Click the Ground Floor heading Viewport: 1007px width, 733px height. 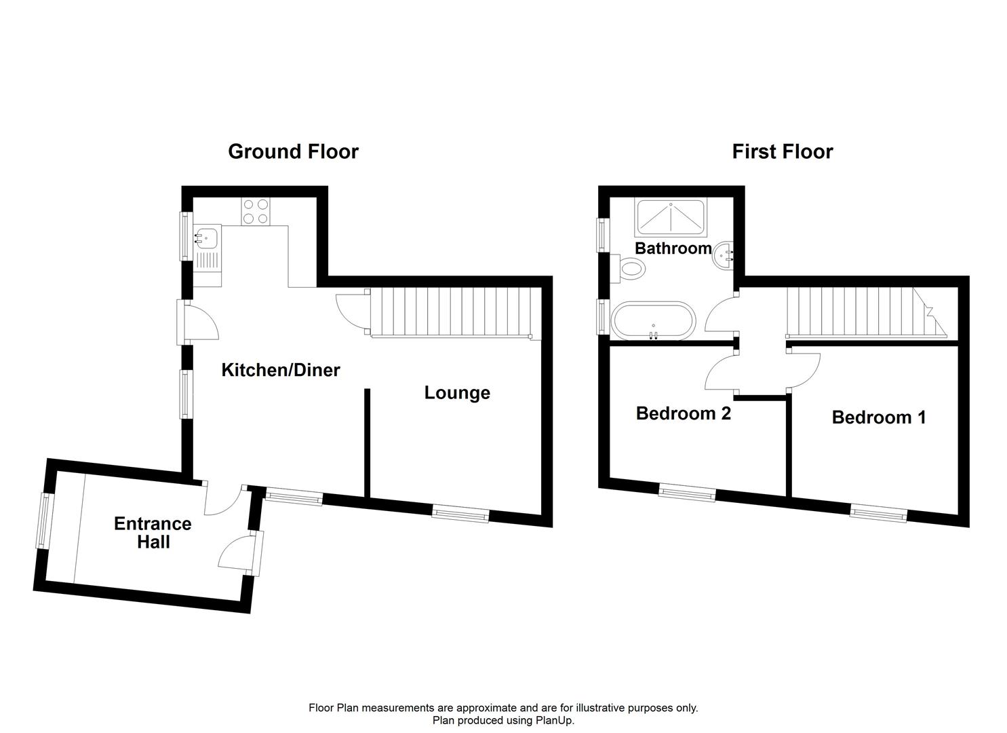click(x=293, y=151)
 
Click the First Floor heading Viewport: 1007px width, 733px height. click(x=782, y=151)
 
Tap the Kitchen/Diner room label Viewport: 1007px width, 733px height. click(x=281, y=370)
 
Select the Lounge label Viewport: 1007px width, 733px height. click(x=457, y=392)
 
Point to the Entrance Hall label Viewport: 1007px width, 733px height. click(x=153, y=533)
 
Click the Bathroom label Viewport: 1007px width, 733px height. click(x=673, y=248)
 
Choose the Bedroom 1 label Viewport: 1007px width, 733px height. click(x=878, y=417)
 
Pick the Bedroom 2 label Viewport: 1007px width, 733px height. click(x=683, y=413)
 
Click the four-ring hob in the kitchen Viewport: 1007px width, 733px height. click(x=256, y=210)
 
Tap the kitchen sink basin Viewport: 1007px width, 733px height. click(x=206, y=238)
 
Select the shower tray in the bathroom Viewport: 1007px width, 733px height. click(x=670, y=217)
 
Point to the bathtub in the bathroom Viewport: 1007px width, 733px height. click(x=652, y=321)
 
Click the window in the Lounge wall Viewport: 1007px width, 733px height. click(x=460, y=514)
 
